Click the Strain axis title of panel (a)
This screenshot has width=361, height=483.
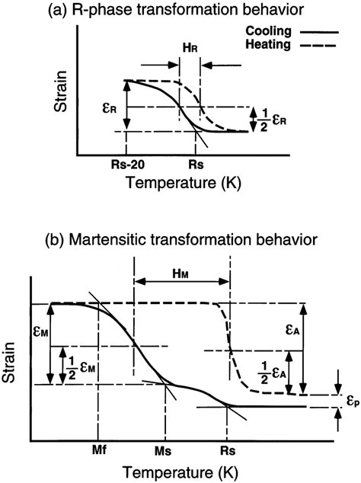click(x=64, y=99)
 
